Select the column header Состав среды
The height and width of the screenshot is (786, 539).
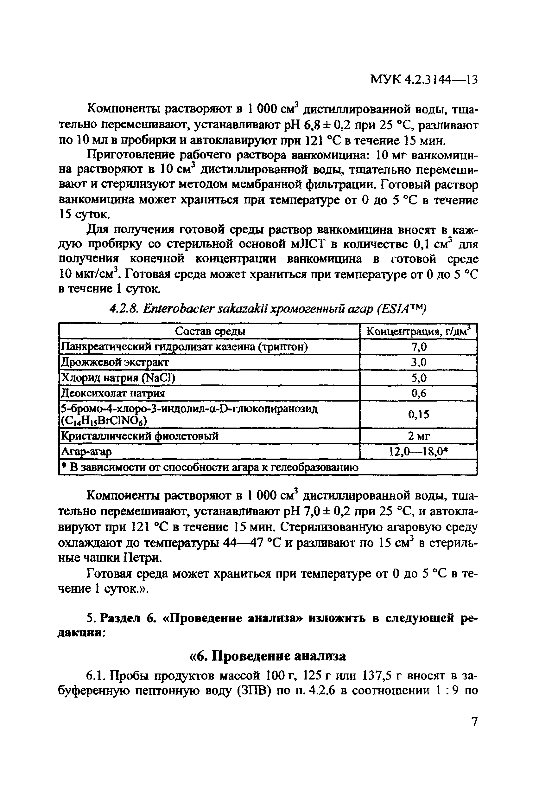(210, 332)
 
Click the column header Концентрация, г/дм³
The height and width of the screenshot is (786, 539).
(418, 332)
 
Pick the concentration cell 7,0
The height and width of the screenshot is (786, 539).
(419, 347)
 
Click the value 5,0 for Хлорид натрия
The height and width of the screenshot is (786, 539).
(419, 377)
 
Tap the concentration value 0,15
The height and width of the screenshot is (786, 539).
(419, 414)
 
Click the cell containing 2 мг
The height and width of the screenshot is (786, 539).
(419, 436)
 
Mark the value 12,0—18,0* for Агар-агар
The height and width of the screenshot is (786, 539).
(419, 452)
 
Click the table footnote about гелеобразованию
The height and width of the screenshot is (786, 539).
(210, 467)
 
